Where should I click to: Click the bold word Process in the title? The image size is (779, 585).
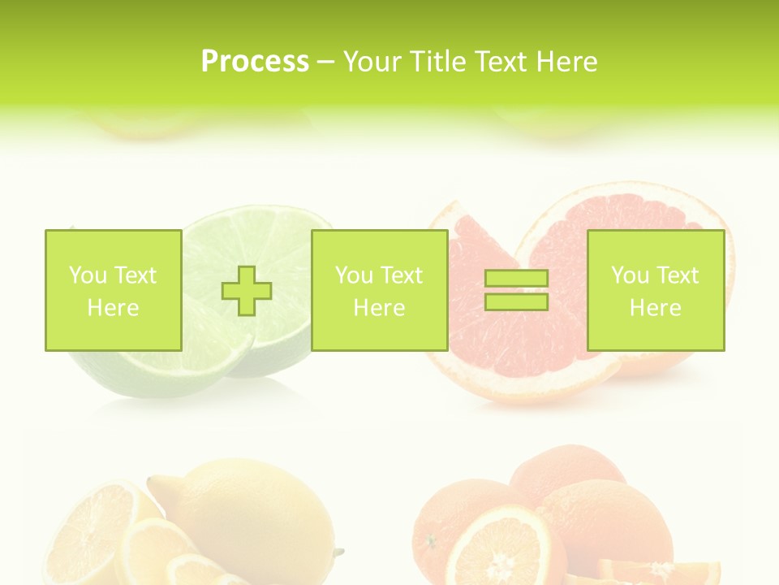(255, 62)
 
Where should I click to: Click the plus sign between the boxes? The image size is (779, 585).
(247, 290)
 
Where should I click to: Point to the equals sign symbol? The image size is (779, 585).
(516, 290)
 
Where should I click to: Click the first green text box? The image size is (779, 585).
(113, 290)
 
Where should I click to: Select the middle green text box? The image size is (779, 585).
(379, 290)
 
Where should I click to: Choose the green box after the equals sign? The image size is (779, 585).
(655, 290)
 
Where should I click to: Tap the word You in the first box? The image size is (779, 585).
(88, 275)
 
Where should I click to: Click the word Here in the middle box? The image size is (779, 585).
(379, 308)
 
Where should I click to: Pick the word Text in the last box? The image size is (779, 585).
(678, 275)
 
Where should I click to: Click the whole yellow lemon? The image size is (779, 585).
(252, 512)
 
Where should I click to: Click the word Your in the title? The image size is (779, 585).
(374, 62)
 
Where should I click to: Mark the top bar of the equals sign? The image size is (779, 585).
(516, 279)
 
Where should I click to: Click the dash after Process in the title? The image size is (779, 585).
(326, 62)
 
